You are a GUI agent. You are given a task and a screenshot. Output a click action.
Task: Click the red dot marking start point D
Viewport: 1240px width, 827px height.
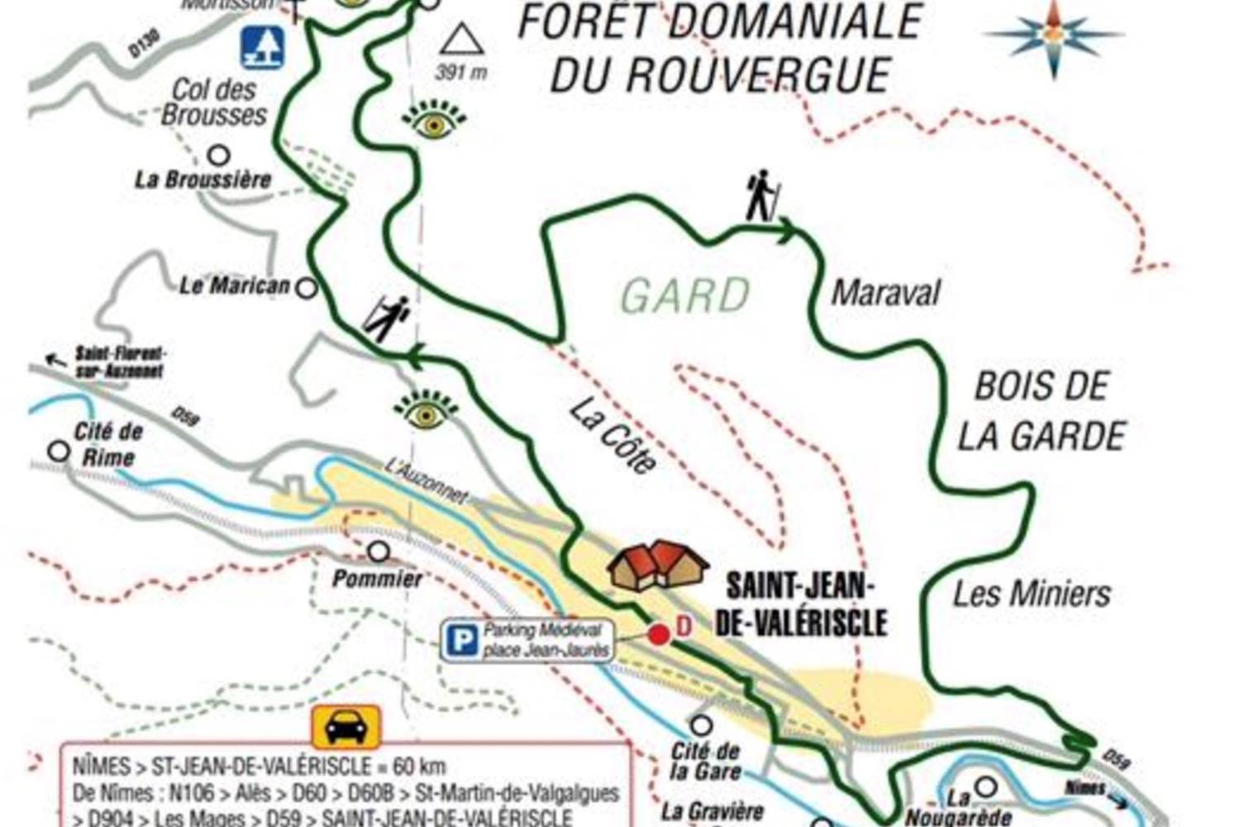click(x=658, y=635)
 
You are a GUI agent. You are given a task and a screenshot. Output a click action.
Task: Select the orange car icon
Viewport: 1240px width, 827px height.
click(x=346, y=728)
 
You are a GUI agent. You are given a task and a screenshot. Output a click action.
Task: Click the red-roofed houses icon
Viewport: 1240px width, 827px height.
click(x=658, y=566)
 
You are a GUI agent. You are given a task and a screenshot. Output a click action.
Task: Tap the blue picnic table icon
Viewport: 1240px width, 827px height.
click(x=263, y=47)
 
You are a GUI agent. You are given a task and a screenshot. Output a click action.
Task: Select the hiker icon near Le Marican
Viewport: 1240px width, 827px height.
click(x=387, y=319)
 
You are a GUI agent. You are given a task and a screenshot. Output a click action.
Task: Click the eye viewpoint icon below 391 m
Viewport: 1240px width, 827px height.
click(x=434, y=122)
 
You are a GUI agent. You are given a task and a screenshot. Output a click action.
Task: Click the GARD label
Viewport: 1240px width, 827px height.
click(x=685, y=296)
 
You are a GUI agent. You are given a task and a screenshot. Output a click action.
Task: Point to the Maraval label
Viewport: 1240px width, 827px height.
click(x=885, y=293)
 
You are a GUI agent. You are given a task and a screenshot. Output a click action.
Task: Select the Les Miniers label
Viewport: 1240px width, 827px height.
click(x=1032, y=594)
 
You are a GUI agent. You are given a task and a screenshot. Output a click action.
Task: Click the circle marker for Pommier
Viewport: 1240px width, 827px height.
click(x=379, y=551)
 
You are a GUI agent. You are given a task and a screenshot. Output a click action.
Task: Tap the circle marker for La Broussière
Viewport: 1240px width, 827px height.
click(x=218, y=155)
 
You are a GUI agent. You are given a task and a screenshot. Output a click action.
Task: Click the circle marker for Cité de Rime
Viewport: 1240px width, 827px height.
click(x=59, y=452)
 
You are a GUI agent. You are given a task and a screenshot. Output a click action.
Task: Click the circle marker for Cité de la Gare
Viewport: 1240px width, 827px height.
click(x=701, y=725)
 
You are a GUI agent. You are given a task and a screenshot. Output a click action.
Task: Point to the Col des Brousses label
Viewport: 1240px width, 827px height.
click(x=214, y=102)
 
